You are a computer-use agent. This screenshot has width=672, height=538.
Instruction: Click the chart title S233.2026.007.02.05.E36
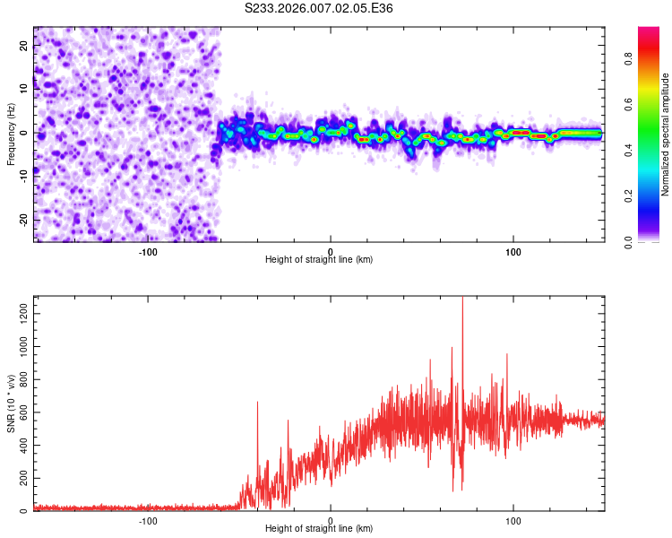coord(319,8)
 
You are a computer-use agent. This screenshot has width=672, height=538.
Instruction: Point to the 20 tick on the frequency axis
coord(24,47)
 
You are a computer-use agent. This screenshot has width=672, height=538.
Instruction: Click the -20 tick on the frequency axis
coord(22,219)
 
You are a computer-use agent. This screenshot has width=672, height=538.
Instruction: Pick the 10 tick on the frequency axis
coord(24,90)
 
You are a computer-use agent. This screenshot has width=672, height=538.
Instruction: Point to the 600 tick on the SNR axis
coord(21,412)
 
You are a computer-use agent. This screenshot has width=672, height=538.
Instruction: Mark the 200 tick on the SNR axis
coord(21,478)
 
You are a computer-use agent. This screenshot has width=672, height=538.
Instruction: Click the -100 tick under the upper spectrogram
coord(148,251)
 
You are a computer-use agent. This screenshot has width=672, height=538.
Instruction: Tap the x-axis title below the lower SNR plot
coord(319,529)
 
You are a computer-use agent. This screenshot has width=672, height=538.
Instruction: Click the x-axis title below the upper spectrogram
coord(319,260)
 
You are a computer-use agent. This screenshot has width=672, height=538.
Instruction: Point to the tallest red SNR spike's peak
coord(462,298)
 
